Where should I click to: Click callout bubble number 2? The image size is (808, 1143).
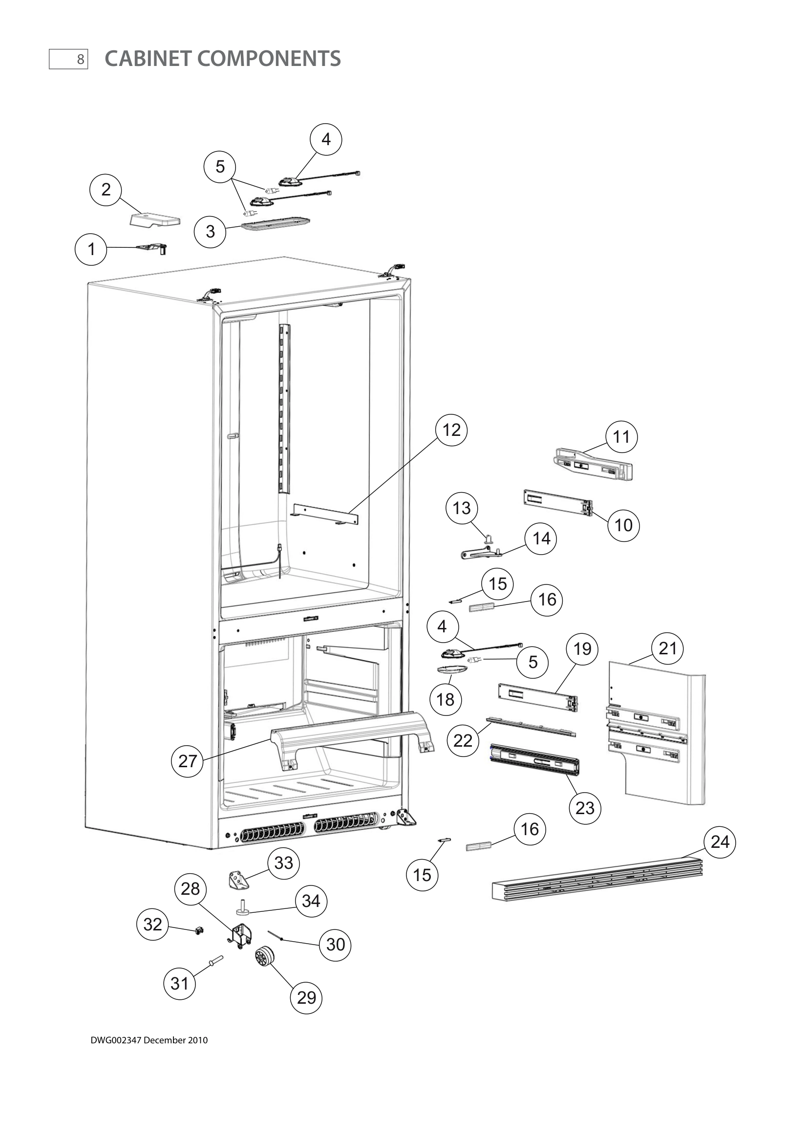pyautogui.click(x=106, y=190)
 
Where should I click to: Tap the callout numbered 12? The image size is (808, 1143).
pyautogui.click(x=451, y=430)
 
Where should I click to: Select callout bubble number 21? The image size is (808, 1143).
pyautogui.click(x=668, y=648)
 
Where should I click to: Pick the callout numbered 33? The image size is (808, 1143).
pyautogui.click(x=284, y=863)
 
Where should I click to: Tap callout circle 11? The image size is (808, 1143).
pyautogui.click(x=621, y=437)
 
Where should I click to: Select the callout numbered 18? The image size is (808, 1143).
pyautogui.click(x=446, y=700)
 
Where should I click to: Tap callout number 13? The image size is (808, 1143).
pyautogui.click(x=462, y=508)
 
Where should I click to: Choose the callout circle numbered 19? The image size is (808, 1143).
pyautogui.click(x=582, y=649)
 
